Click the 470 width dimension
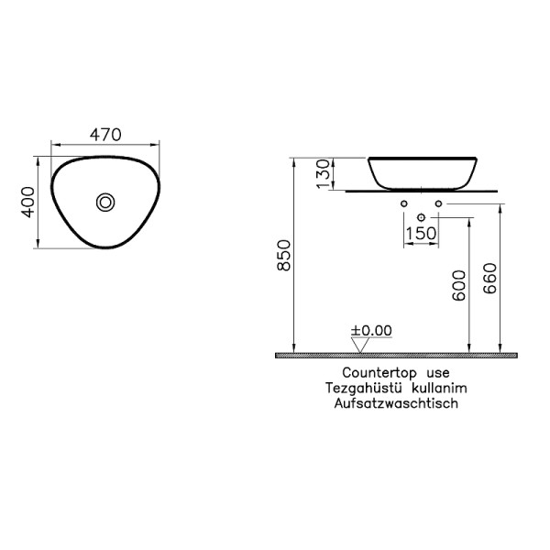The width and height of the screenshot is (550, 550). (x=105, y=135)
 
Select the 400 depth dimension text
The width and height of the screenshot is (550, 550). (x=28, y=202)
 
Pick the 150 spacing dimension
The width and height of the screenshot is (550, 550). (x=421, y=235)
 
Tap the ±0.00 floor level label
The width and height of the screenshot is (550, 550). (x=371, y=330)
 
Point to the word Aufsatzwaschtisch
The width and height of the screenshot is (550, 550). (x=397, y=402)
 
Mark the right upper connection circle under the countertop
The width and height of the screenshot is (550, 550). (x=439, y=203)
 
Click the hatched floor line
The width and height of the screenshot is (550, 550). (x=396, y=354)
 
